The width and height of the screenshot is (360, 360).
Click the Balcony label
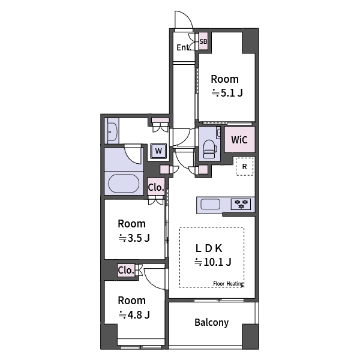click(211, 323)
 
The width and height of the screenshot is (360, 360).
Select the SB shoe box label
click(203, 42)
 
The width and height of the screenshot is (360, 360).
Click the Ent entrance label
click(183, 48)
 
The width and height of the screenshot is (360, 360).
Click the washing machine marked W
click(158, 151)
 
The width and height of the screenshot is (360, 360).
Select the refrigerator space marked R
click(244, 166)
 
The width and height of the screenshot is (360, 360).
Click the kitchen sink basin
click(210, 204)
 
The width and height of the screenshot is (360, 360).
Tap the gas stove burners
click(242, 204)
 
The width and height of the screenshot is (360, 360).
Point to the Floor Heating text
click(227, 284)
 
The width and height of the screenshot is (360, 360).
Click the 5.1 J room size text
click(227, 93)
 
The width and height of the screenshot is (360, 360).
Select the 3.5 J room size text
click(134, 238)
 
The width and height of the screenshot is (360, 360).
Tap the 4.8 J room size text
click(134, 314)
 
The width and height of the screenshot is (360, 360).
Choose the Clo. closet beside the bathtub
click(156, 187)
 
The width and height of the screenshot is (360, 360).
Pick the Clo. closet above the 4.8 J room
click(126, 271)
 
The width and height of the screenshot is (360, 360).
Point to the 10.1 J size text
click(212, 262)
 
